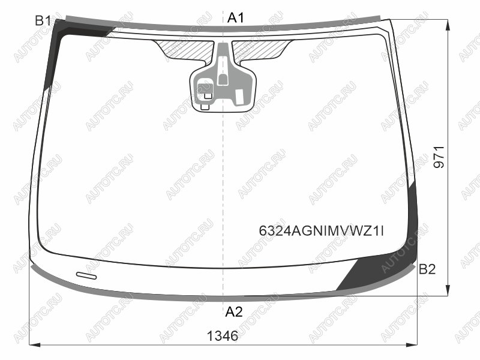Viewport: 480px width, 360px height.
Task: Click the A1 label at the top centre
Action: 235,18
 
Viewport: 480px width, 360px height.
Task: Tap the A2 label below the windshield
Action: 234,312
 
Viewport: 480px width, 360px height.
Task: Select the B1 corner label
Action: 43,21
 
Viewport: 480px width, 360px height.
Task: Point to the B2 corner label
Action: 427,269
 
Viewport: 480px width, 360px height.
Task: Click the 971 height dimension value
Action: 439,157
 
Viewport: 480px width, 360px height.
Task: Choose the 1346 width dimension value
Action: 223,336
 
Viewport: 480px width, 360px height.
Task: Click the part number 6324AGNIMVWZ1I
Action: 321,231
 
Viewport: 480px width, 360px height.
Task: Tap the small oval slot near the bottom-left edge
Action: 86,275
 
